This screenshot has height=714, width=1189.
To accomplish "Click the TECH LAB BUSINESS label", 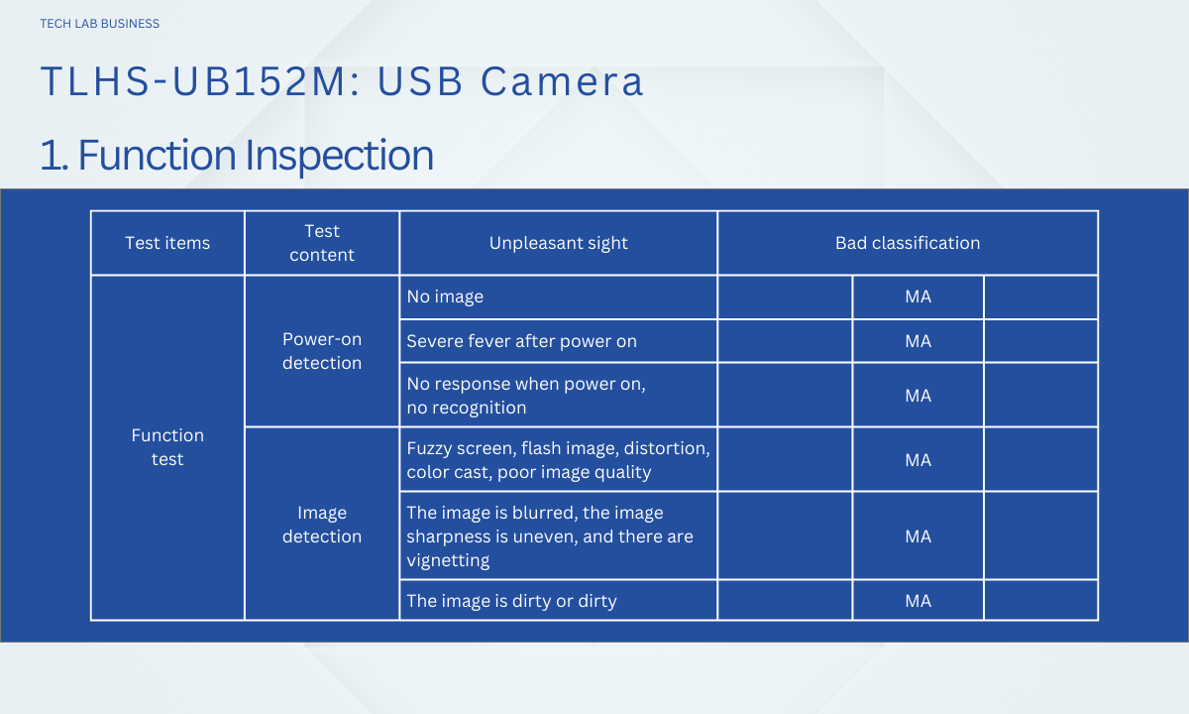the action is (100, 24).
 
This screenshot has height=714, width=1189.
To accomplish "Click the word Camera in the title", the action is (562, 81).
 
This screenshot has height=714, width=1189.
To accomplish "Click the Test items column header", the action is (167, 243).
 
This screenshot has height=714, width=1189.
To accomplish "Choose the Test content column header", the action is (322, 243).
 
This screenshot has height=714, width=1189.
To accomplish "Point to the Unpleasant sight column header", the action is (559, 243).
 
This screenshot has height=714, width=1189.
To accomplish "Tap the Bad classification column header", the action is (908, 243).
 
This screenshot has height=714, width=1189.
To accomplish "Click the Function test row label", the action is (167, 447).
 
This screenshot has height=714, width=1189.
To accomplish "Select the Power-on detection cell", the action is (322, 351).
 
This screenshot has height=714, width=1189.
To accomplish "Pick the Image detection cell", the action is (322, 525).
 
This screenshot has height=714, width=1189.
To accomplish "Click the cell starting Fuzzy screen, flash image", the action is (559, 460).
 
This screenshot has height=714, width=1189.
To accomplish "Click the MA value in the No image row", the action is (918, 297).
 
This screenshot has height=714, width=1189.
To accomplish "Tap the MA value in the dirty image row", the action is (918, 601).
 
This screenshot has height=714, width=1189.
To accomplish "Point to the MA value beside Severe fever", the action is (918, 341).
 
